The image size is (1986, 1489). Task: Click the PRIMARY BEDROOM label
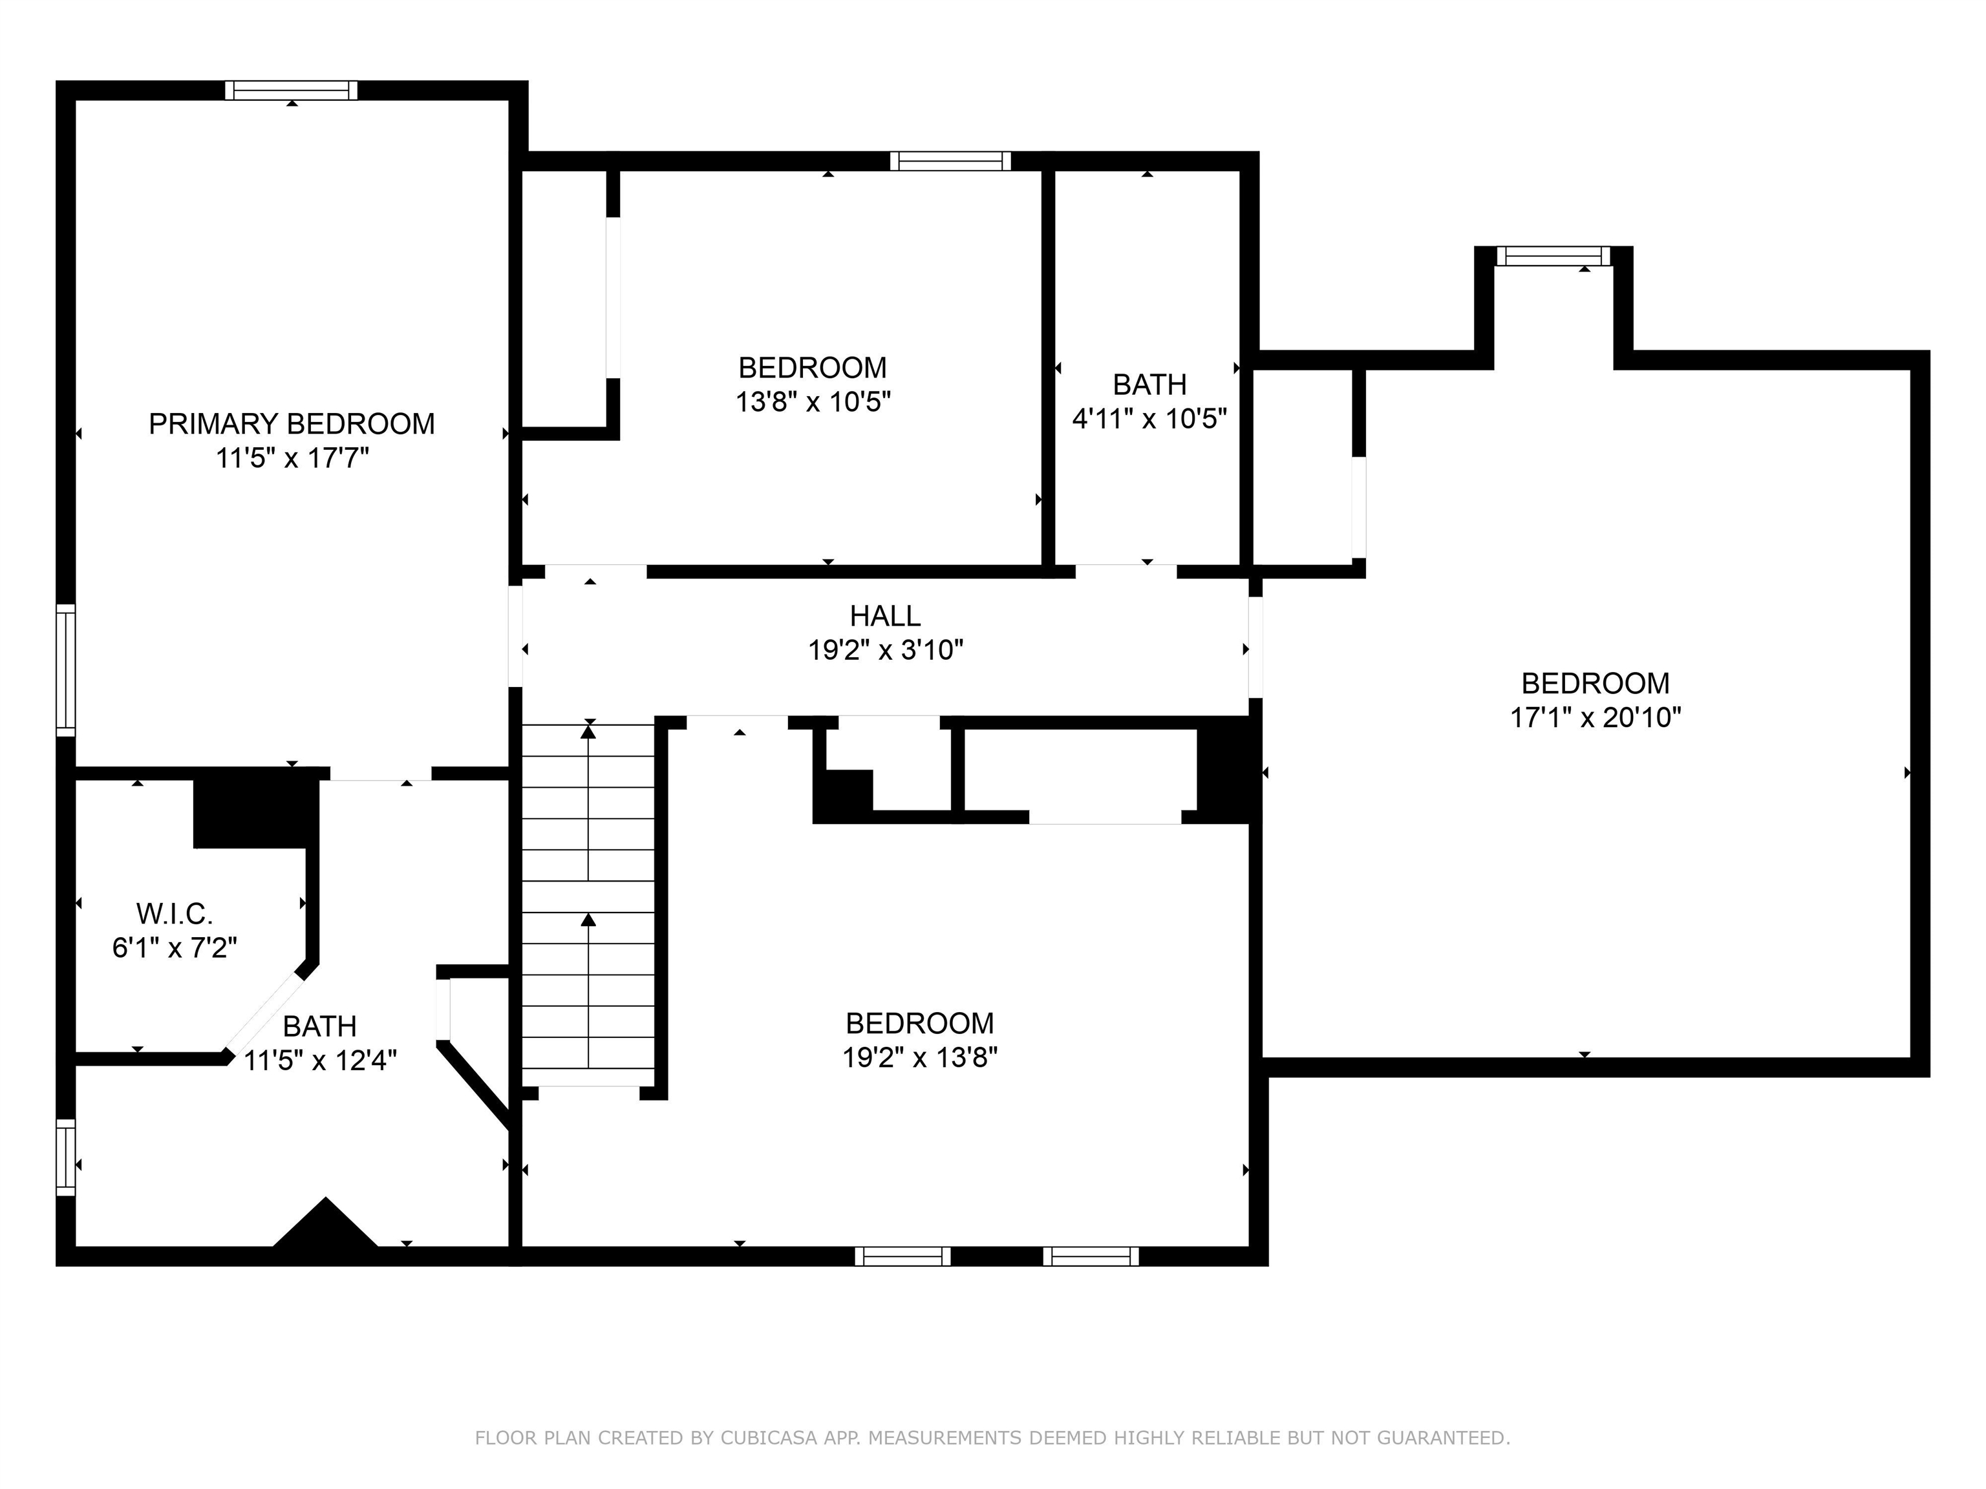292,424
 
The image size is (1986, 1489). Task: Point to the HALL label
885,616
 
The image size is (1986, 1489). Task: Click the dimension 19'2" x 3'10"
885,649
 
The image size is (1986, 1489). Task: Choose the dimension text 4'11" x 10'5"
1149,418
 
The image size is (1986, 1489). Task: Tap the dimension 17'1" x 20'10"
1596,717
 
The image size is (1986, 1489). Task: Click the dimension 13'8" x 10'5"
813,401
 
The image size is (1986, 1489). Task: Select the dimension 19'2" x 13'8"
919,1057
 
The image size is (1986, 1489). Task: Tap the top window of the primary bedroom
291,90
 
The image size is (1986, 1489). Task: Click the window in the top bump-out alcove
1554,257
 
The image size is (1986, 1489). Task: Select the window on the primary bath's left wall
65,1157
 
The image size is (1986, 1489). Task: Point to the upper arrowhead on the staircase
588,732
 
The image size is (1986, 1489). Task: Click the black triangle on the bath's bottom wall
325,1223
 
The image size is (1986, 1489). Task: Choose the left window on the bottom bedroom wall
902,1256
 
